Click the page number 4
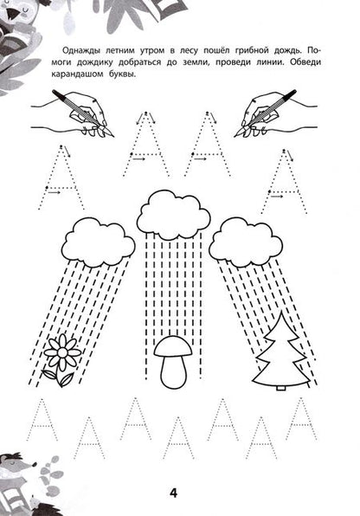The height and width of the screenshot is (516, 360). tap(173, 493)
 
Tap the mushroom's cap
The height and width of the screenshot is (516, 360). tap(173, 345)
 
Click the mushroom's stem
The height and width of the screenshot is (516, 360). tap(173, 371)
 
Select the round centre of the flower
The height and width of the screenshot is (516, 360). tap(62, 352)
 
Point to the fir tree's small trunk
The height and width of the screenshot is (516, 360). tap(280, 388)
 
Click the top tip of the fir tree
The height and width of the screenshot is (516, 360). tap(281, 312)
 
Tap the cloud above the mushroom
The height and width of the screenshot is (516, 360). tap(174, 216)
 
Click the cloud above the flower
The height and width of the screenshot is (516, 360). tap(99, 242)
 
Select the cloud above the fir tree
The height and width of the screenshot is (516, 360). tap(246, 242)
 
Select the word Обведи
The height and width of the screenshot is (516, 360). tap(305, 61)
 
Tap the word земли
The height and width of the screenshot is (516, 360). tap(195, 62)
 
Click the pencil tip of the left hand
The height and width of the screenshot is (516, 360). tap(113, 136)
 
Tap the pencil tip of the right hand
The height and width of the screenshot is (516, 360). tap(235, 136)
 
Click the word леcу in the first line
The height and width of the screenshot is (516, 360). tap(189, 51)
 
